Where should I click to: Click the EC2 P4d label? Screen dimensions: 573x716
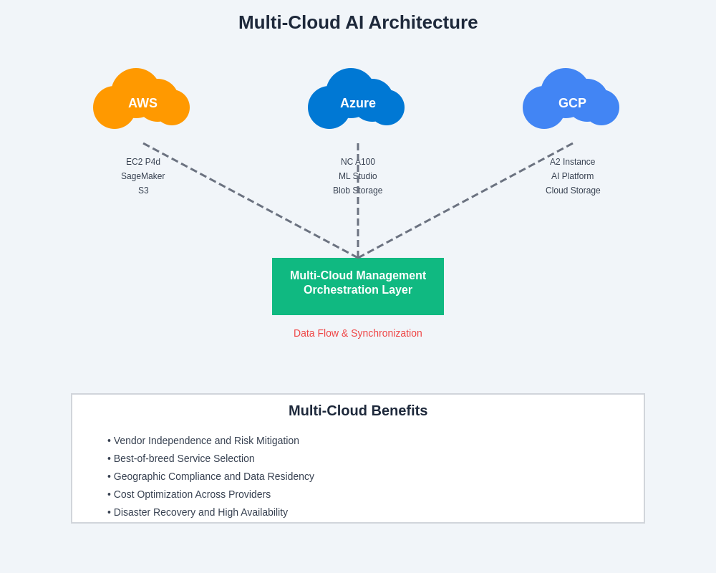point(143,162)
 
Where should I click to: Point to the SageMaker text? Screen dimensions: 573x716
point(143,176)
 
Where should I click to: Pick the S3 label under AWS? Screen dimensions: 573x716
point(143,191)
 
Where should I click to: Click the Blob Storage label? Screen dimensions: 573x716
point(358,191)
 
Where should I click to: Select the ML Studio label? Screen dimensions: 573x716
point(358,176)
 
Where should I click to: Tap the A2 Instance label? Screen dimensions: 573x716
point(573,162)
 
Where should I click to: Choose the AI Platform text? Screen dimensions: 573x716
point(573,176)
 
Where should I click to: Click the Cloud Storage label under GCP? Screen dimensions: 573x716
point(573,191)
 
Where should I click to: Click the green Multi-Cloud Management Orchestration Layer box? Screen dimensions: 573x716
point(358,286)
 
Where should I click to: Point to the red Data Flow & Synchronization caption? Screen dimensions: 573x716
point(358,333)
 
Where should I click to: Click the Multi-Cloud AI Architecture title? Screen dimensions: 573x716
point(358,22)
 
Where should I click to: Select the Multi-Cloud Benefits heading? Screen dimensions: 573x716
point(358,410)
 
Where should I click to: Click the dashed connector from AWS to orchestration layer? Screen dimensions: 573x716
point(251,201)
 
